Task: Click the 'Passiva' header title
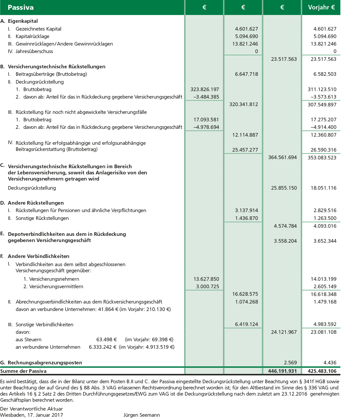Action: [21, 7]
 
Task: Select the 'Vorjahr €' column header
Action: [321, 7]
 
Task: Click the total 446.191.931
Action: [282, 371]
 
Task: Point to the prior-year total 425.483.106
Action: [322, 371]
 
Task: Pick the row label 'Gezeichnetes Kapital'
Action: [38, 29]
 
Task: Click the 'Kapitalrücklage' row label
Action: [33, 36]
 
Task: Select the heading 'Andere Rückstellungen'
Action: [36, 203]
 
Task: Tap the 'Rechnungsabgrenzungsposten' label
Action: [45, 363]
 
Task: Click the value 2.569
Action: [290, 363]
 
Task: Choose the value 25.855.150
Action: [284, 188]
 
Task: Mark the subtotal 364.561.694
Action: [282, 157]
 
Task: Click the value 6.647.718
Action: [246, 74]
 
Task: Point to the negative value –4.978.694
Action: [206, 127]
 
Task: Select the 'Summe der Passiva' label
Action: [23, 371]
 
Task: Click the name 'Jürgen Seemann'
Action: [142, 415]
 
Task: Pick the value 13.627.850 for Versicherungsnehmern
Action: [206, 279]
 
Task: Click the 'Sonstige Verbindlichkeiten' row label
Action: [44, 325]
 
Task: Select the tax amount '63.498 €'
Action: [106, 340]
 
